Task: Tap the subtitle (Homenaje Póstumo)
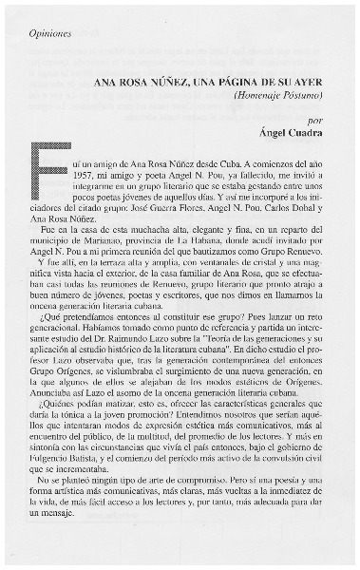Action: point(279,97)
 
